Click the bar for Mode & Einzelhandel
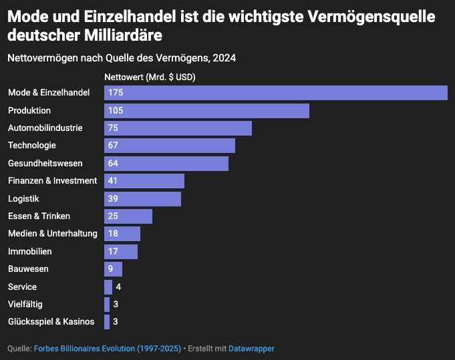point(275,93)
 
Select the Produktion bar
point(206,110)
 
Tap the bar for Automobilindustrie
point(178,128)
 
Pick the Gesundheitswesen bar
point(166,164)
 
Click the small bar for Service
point(108,287)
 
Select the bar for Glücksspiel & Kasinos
point(107,322)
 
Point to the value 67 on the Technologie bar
point(112,146)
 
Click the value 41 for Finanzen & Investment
point(112,181)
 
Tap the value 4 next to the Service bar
point(118,287)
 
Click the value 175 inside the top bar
point(115,93)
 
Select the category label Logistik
point(23,199)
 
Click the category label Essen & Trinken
point(39,216)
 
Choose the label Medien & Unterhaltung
point(52,234)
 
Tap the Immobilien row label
point(29,252)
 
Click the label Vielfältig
point(25,305)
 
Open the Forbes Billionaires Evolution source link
point(108,349)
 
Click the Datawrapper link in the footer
point(251,349)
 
